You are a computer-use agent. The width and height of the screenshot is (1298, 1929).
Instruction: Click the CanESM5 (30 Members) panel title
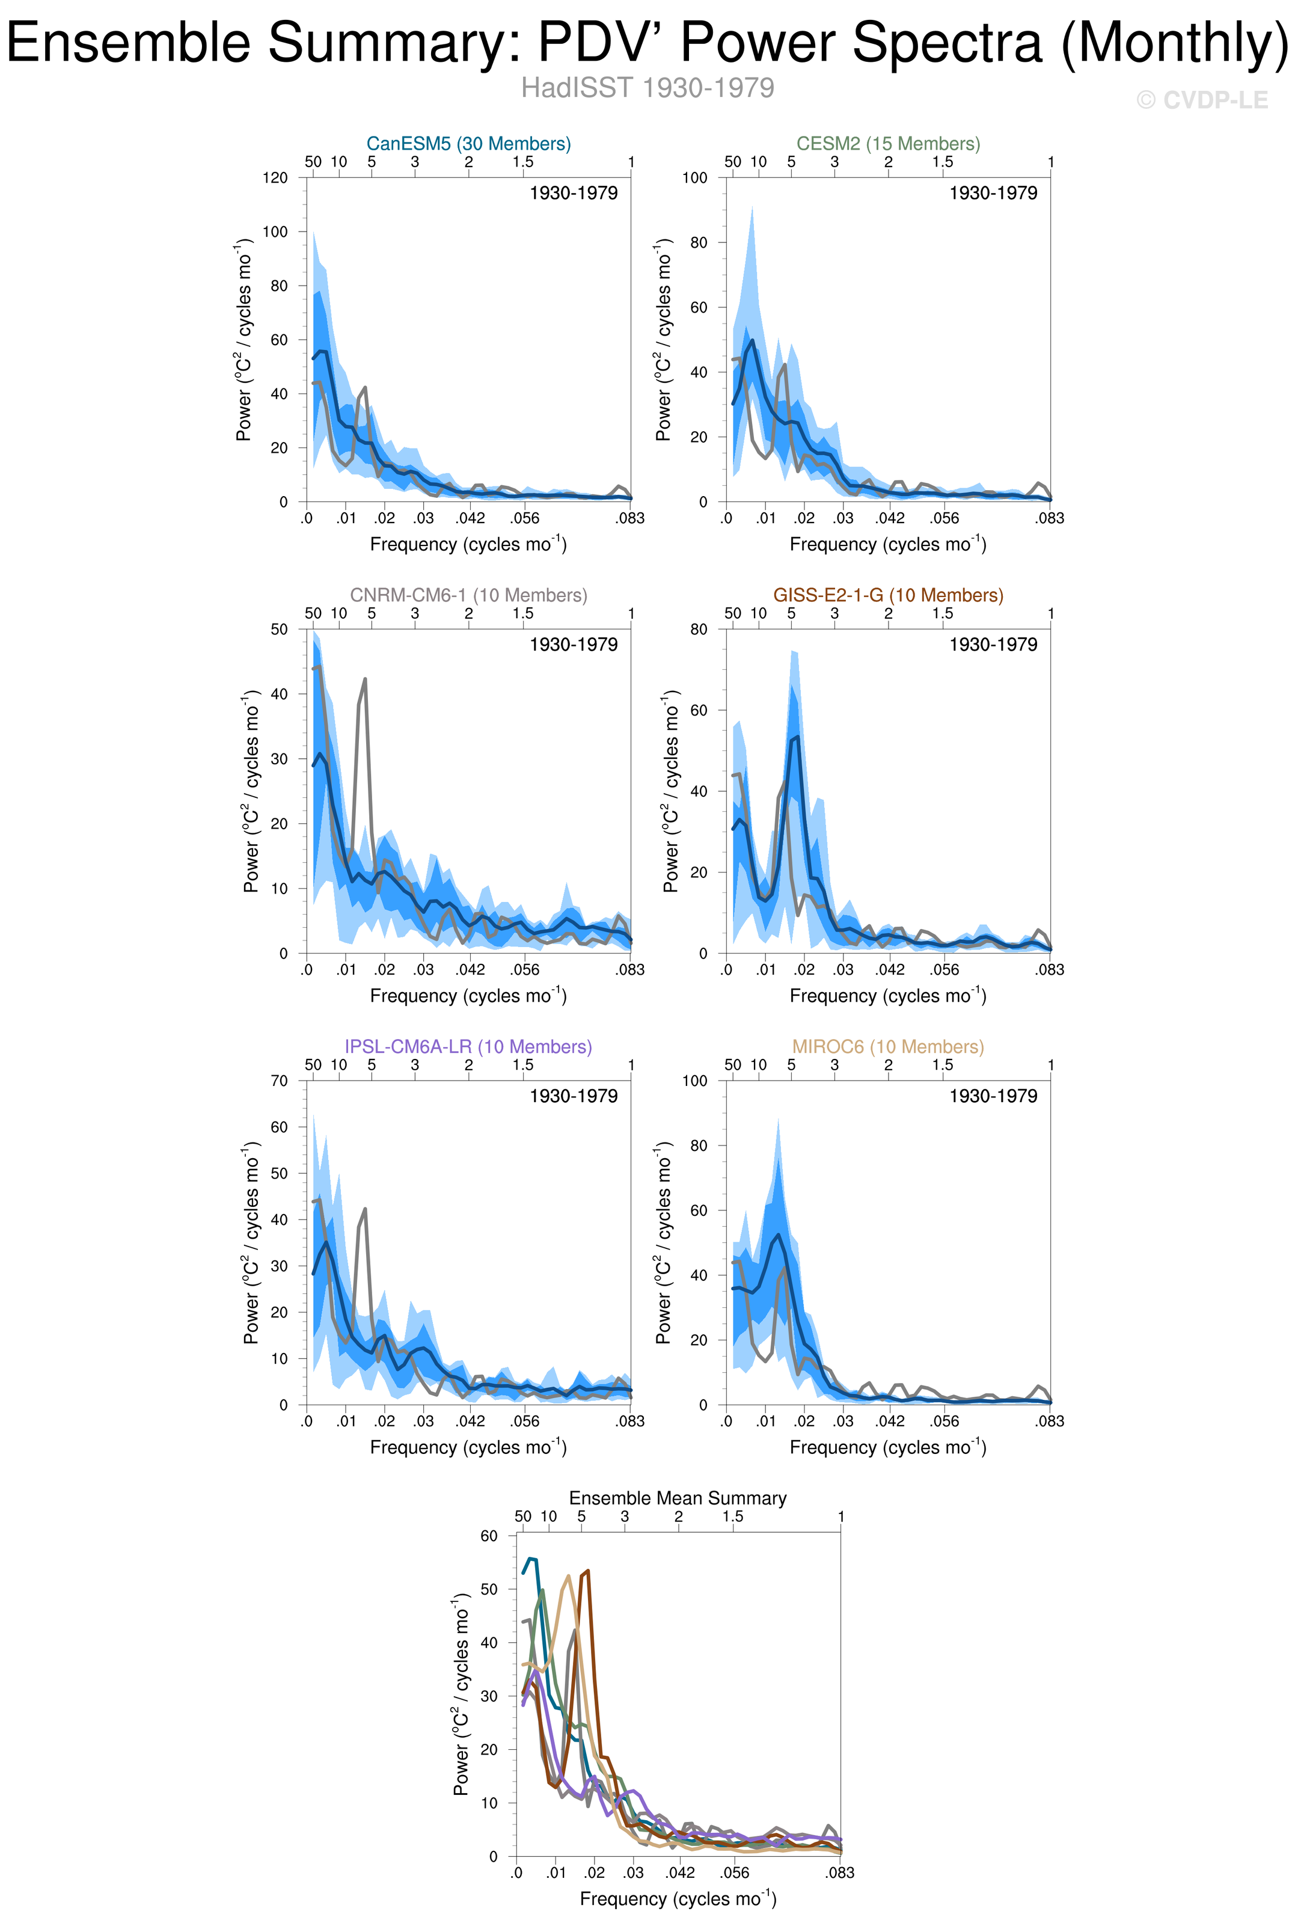click(x=468, y=143)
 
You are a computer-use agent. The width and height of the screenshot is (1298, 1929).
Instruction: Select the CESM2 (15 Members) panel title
click(x=888, y=143)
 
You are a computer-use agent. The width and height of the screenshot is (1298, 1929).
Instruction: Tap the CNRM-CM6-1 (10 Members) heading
click(x=468, y=595)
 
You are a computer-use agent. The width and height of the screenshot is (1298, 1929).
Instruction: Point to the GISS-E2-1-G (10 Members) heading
click(x=888, y=595)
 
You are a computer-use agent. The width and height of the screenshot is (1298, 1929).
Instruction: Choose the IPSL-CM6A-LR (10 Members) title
click(x=468, y=1046)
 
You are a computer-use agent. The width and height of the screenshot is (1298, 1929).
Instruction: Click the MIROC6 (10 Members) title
click(x=888, y=1046)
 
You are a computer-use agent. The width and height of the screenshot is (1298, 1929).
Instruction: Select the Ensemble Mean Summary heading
click(x=678, y=1498)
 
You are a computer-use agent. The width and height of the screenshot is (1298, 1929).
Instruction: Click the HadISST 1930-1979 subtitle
click(x=647, y=88)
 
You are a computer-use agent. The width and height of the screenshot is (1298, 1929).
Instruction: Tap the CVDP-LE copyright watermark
click(x=1202, y=100)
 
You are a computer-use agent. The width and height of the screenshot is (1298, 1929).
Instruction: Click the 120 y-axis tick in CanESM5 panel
click(x=275, y=177)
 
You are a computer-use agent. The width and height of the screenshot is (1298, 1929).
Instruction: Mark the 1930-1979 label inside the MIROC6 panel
click(x=993, y=1096)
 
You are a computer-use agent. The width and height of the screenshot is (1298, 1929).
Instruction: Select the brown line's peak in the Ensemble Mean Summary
click(x=587, y=1571)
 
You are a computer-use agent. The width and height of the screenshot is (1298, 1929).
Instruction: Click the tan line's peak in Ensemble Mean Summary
click(x=568, y=1576)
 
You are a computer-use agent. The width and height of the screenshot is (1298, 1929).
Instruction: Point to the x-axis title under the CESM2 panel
click(x=888, y=544)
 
